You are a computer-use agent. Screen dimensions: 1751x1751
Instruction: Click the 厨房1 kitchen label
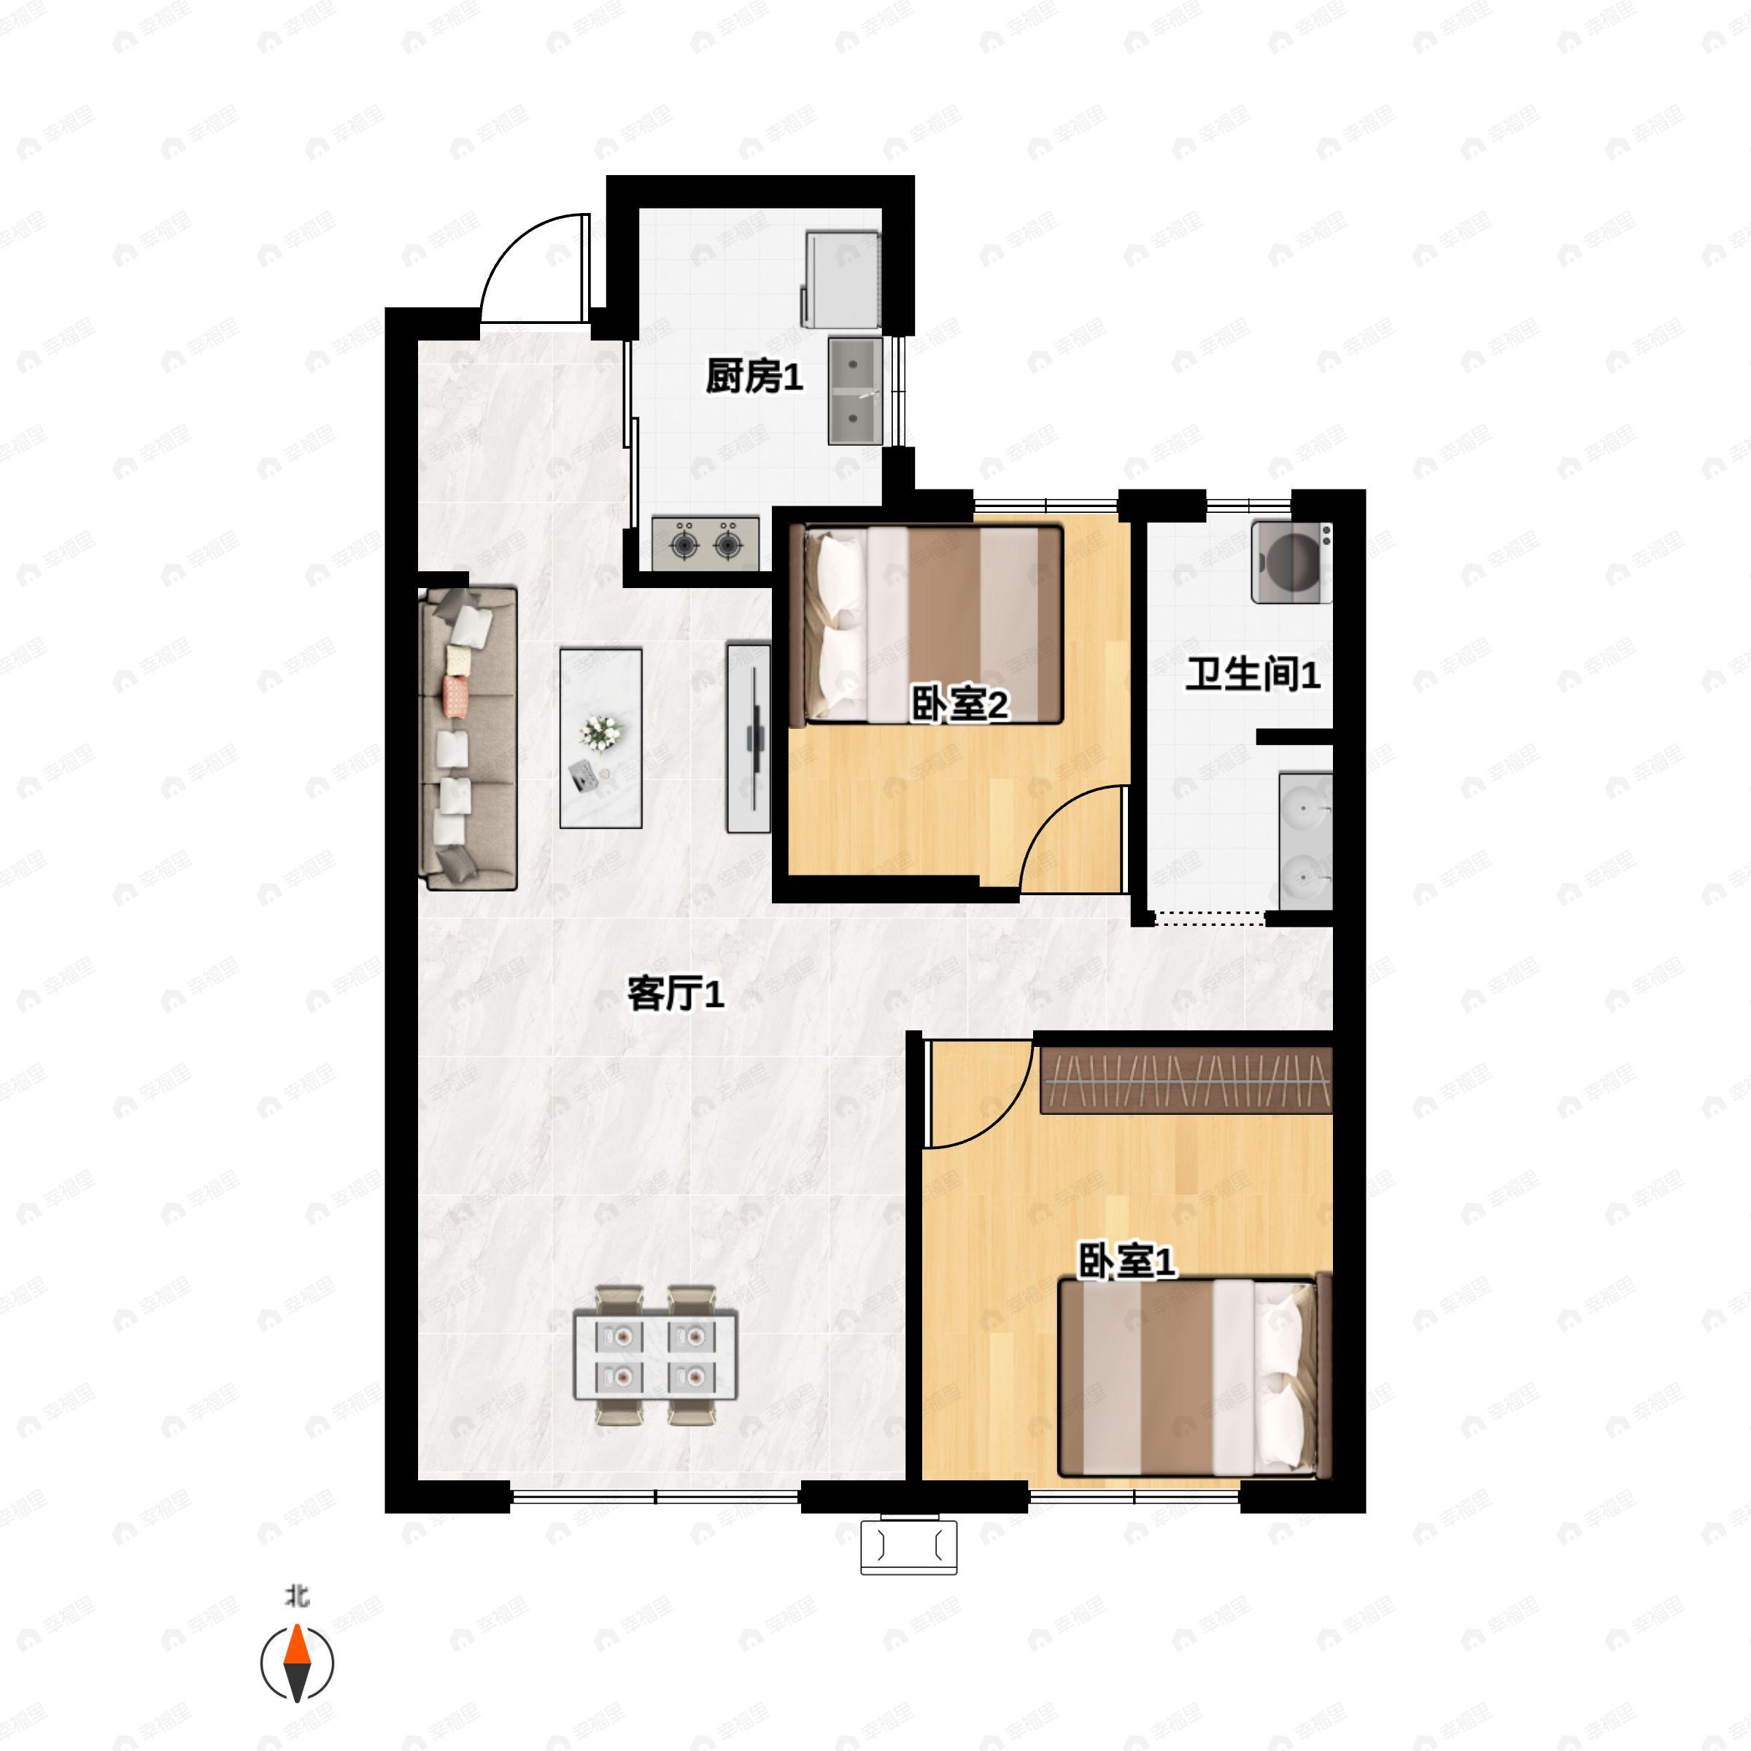[x=754, y=376]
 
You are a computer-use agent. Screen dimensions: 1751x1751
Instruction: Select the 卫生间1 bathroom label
[x=1253, y=675]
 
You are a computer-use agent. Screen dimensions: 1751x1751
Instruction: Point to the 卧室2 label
[x=960, y=704]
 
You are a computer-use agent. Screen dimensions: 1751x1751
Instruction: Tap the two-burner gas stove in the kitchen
[x=705, y=544]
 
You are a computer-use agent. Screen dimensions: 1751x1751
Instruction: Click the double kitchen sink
[x=854, y=390]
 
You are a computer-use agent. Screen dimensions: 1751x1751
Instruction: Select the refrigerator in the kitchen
[x=840, y=279]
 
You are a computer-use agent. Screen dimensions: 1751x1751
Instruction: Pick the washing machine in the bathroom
[x=1291, y=562]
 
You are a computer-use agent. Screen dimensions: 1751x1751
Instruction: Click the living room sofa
[x=468, y=738]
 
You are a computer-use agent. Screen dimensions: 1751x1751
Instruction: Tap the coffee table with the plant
[x=601, y=738]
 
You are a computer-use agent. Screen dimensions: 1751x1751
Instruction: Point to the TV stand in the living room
[x=749, y=738]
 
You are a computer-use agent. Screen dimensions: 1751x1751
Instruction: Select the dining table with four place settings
[x=655, y=1355]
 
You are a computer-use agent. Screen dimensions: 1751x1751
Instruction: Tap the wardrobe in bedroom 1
[x=1186, y=1081]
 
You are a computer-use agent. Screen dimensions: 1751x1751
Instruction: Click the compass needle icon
[x=297, y=1663]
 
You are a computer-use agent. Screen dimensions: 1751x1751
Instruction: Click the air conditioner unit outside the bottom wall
[x=908, y=1546]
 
